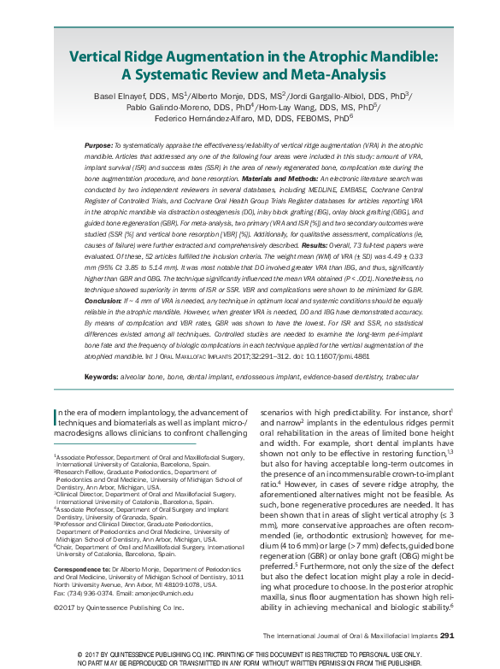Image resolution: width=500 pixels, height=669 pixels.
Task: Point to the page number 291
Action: [452, 636]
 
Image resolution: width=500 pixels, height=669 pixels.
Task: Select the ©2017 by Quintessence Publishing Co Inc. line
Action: [107, 607]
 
